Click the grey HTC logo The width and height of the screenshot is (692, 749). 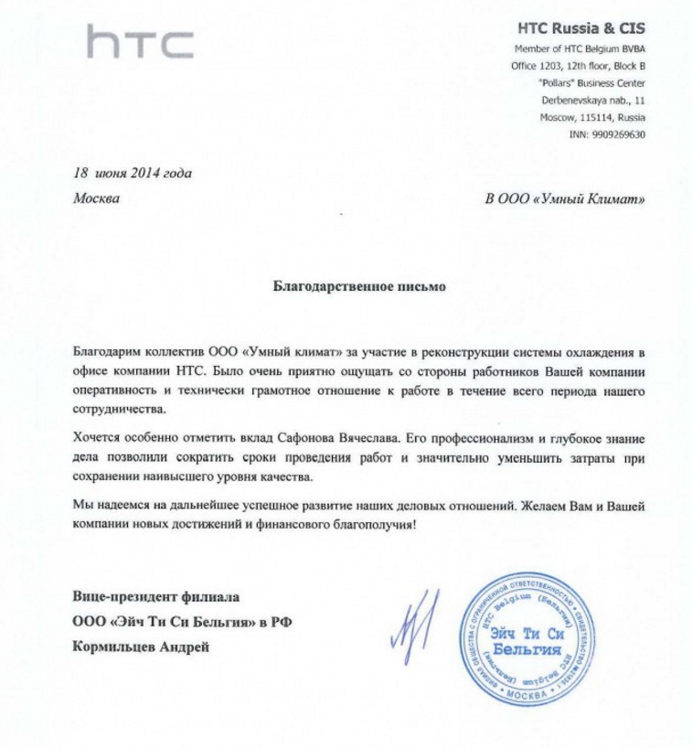(x=140, y=43)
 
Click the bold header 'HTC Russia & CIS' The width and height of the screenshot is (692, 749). (x=581, y=28)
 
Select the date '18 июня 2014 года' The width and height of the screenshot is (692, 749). (x=133, y=173)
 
